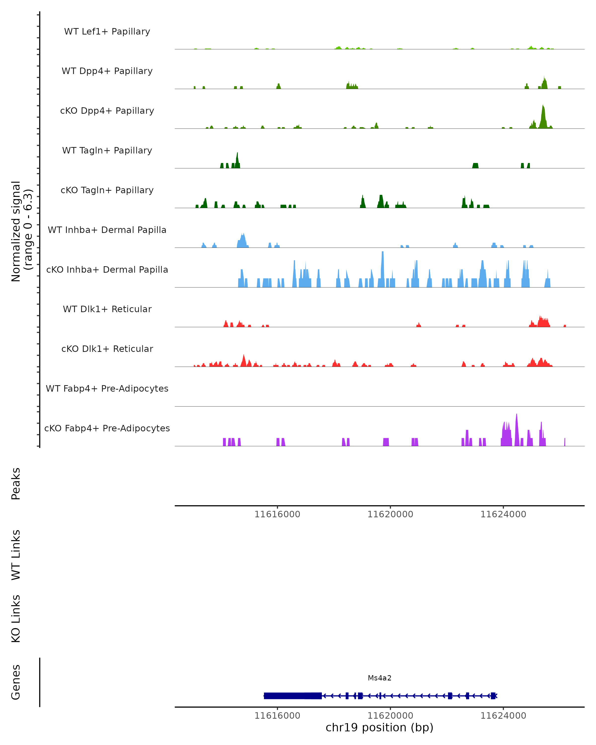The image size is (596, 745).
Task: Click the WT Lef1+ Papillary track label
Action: point(107,32)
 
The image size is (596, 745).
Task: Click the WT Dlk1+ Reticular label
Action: point(107,309)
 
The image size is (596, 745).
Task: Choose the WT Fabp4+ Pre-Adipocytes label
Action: point(107,388)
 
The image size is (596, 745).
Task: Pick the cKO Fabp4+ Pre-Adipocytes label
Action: point(107,428)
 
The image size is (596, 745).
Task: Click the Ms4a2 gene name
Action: point(379,678)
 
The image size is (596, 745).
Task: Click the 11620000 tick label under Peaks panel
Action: point(390,515)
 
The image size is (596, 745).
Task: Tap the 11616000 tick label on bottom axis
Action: point(277,716)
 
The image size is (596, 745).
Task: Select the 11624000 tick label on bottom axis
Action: point(503,716)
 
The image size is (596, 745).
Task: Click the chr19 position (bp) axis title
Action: point(379,728)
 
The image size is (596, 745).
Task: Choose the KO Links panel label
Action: point(16,619)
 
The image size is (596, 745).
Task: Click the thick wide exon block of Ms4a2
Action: point(293,696)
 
